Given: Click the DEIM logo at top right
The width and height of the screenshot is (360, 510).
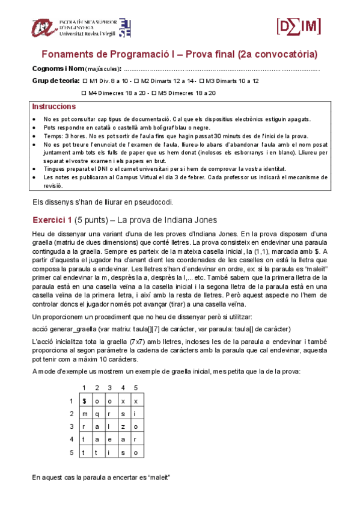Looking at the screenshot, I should pyautogui.click(x=299, y=26).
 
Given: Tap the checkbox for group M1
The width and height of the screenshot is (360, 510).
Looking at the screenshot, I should pyautogui.click(x=85, y=81).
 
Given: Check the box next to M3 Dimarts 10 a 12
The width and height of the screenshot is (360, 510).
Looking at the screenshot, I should pyautogui.click(x=202, y=81).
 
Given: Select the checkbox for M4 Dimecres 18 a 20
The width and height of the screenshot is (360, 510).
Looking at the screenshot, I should pyautogui.click(x=84, y=93).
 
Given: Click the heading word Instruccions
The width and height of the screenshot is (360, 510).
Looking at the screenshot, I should pyautogui.click(x=53, y=106).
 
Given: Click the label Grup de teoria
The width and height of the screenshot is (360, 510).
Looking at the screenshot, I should pyautogui.click(x=55, y=81).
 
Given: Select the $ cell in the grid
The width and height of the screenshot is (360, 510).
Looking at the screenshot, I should pyautogui.click(x=85, y=401).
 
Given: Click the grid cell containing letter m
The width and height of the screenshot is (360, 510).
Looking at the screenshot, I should pyautogui.click(x=85, y=414).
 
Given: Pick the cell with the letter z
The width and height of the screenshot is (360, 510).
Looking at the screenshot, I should pyautogui.click(x=123, y=426).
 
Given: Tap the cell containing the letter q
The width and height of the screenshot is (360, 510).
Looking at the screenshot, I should pyautogui.click(x=97, y=414).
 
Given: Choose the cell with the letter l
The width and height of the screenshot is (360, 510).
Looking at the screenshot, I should pyautogui.click(x=111, y=426).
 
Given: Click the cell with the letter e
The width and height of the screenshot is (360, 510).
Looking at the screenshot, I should pyautogui.click(x=111, y=439).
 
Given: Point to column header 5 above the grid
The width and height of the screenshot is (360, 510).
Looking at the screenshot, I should pyautogui.click(x=136, y=387).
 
